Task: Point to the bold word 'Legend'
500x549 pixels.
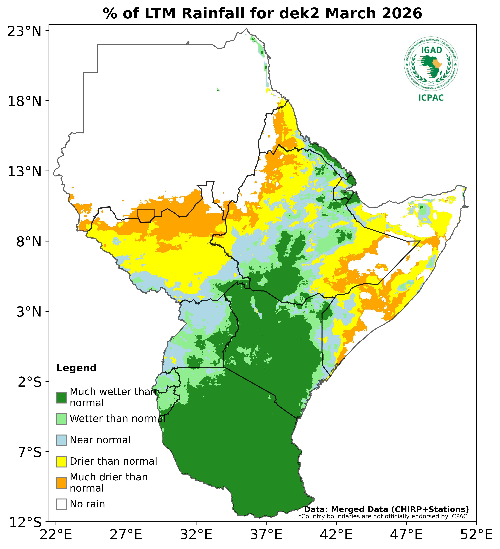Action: coord(76,368)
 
